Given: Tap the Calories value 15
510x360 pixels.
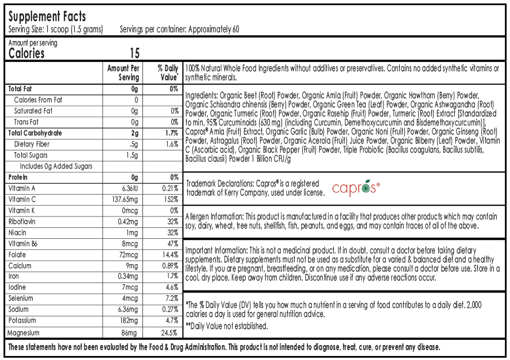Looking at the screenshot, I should pos(134,54).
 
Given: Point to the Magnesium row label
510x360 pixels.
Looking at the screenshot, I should pos(24,332).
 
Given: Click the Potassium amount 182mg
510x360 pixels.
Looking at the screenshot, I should pos(128,320).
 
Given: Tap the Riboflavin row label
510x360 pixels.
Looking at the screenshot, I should pos(22,222).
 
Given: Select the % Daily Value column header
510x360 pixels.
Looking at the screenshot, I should pos(168,72).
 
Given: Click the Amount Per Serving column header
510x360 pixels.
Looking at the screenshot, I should pos(123,72).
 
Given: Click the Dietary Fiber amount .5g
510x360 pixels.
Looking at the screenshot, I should pos(133,144).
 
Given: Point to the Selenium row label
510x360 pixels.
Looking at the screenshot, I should pos(21,299).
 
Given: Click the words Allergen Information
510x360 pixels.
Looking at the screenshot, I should pos(215,216).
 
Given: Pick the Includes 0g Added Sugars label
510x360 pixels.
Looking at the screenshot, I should pos(56,167).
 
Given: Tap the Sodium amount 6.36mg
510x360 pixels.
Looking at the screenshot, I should pos(127,309).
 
